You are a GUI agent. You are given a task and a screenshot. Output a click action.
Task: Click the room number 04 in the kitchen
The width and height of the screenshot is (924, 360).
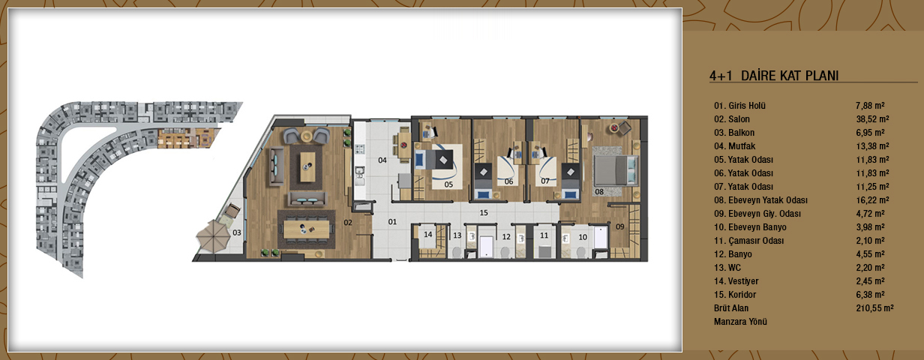[382, 160]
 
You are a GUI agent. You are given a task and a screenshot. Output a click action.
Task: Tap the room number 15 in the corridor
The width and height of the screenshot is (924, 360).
[484, 213]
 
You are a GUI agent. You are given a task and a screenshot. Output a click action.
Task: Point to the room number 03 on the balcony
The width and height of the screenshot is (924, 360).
[237, 232]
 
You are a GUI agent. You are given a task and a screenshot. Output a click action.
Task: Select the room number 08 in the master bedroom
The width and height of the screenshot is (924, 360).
[599, 192]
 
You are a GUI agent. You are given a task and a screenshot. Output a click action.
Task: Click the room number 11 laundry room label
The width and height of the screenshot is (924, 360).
[544, 235]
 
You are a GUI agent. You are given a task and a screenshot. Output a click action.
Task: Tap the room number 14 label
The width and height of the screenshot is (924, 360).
[428, 235]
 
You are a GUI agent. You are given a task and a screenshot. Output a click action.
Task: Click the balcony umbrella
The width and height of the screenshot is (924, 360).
[213, 236]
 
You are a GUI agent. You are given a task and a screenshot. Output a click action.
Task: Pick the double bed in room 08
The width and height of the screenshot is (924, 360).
[616, 170]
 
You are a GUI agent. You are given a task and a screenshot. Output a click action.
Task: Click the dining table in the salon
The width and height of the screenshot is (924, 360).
[307, 229]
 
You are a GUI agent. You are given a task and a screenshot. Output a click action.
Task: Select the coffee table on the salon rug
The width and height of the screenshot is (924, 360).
[307, 166]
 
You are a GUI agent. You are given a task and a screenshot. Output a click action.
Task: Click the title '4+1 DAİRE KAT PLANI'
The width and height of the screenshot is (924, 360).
[774, 76]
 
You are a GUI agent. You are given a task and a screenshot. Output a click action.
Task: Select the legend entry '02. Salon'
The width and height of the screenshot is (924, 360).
[732, 119]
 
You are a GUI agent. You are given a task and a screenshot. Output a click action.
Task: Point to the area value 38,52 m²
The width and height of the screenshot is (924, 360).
[872, 119]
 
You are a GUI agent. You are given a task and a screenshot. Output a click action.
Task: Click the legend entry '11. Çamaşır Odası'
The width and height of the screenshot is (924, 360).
[748, 241]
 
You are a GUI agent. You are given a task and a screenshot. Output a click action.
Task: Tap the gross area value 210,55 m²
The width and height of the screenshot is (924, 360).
[874, 308]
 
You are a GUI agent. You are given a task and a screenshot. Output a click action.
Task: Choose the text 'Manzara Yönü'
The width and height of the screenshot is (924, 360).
[740, 322]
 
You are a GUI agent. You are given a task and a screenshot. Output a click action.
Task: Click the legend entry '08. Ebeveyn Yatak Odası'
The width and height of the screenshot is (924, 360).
[760, 200]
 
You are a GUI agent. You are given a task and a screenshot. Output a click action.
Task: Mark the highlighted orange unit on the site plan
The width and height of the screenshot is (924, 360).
[186, 138]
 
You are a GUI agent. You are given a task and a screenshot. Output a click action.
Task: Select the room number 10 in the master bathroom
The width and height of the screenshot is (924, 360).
[583, 237]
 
